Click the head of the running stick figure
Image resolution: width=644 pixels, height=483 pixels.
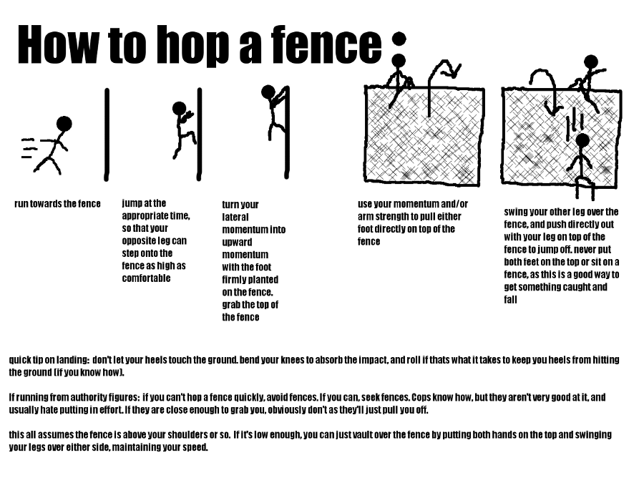[x=64, y=124]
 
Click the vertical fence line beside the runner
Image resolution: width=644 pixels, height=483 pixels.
[x=107, y=134]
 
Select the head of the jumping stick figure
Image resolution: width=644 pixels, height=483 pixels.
[x=179, y=108]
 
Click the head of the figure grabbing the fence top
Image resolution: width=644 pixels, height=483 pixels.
[x=268, y=92]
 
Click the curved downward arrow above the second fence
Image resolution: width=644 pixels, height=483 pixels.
[x=544, y=86]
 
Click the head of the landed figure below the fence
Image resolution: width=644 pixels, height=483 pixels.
[x=582, y=140]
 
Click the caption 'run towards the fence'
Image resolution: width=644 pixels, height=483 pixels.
[x=57, y=204]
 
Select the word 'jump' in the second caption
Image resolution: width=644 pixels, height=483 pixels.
[x=133, y=203]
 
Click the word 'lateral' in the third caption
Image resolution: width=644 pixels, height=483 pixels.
[x=235, y=217]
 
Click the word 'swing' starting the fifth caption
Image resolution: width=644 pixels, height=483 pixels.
[x=517, y=212]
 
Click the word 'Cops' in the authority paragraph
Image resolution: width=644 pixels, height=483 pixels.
[x=427, y=397]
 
